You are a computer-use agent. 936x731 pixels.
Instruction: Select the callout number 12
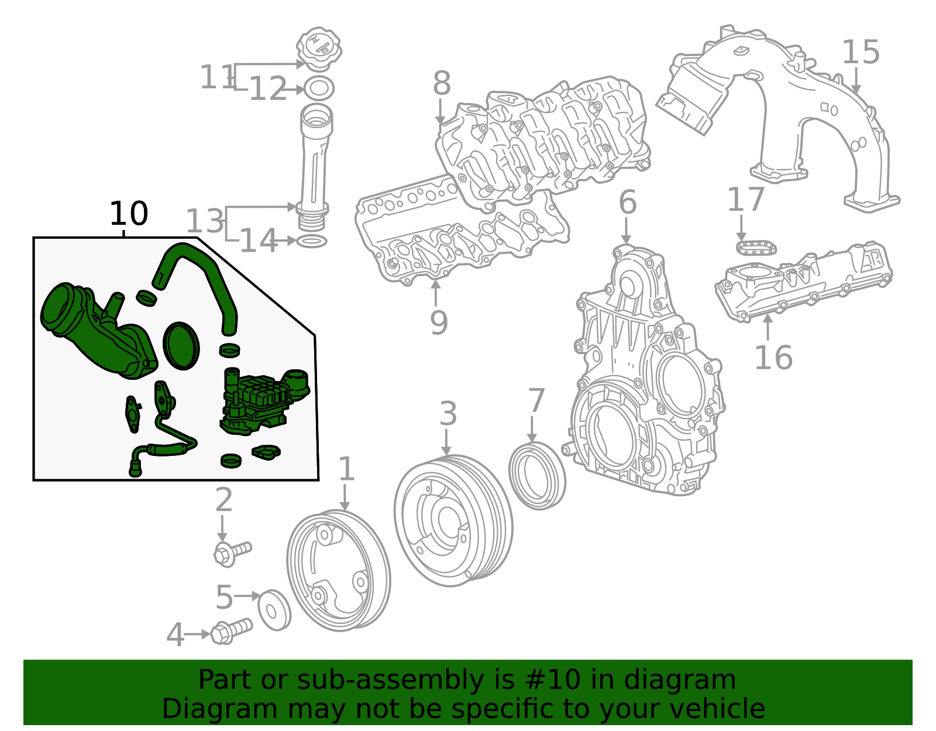pyautogui.click(x=268, y=90)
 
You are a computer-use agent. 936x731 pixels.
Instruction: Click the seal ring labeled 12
pyautogui.click(x=319, y=88)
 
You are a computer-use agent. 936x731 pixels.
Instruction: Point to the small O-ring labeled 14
pyautogui.click(x=312, y=241)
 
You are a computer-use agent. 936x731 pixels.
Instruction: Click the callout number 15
pyautogui.click(x=860, y=53)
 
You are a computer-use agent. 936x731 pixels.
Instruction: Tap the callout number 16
pyautogui.click(x=773, y=358)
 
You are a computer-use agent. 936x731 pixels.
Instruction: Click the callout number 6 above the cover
pyautogui.click(x=627, y=203)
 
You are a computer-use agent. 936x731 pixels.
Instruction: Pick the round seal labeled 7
pyautogui.click(x=537, y=476)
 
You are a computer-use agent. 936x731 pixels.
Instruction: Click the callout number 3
pyautogui.click(x=448, y=414)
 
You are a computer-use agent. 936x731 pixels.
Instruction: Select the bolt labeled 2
pyautogui.click(x=232, y=552)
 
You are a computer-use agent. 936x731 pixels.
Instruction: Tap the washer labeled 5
pyautogui.click(x=274, y=610)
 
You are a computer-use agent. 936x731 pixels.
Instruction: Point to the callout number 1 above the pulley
pyautogui.click(x=346, y=469)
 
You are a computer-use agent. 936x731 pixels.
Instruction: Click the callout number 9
pyautogui.click(x=439, y=322)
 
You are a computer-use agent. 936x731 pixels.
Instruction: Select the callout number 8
pyautogui.click(x=442, y=84)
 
